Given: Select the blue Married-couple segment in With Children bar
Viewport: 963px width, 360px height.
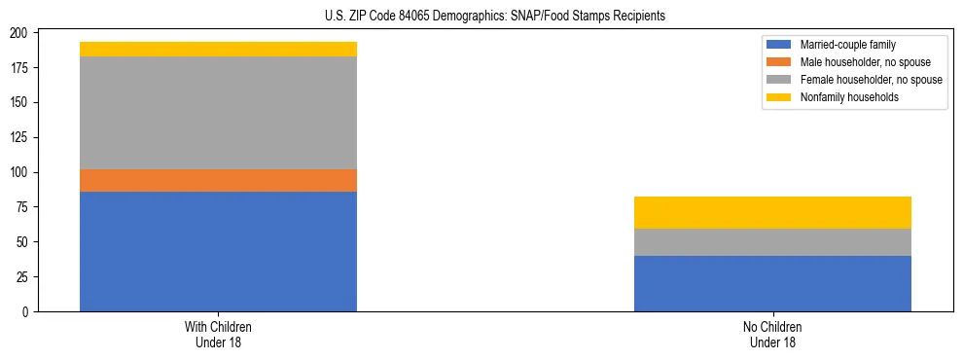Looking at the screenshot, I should pos(218,251).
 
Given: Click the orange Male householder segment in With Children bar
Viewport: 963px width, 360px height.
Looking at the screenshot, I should pos(218,180).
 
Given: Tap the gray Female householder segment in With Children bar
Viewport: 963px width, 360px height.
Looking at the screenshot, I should pos(218,113).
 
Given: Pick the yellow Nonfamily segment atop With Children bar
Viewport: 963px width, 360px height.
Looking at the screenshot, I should pos(218,49).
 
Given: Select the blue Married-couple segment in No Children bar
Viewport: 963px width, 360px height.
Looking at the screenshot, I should pos(772,283).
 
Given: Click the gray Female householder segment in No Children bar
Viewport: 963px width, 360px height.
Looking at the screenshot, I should pos(772,242).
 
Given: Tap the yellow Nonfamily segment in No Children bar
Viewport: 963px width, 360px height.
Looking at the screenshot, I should pos(772,212).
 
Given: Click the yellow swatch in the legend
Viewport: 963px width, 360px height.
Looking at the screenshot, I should pos(779,97).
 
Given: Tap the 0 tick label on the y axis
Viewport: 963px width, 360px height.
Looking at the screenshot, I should pos(29,311).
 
